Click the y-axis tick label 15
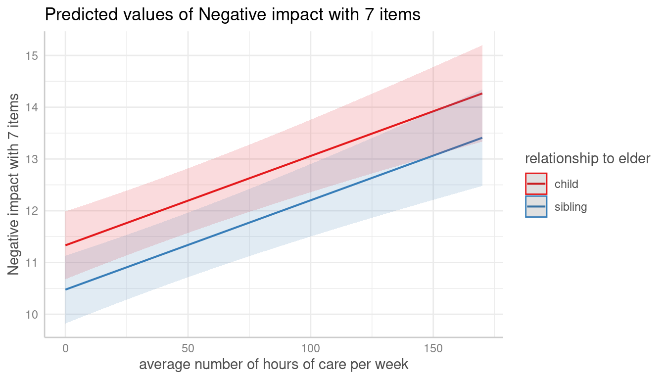[32, 56]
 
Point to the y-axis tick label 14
[32, 107]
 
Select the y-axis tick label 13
[32, 159]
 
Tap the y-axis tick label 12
[32, 211]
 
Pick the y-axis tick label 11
[32, 263]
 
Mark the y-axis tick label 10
[32, 315]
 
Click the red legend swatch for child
[536, 184]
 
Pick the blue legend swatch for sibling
[536, 207]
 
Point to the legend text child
[566, 185]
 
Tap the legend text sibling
[570, 207]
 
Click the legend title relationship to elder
[587, 159]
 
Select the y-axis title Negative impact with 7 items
[13, 184]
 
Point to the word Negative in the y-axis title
[13, 248]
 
